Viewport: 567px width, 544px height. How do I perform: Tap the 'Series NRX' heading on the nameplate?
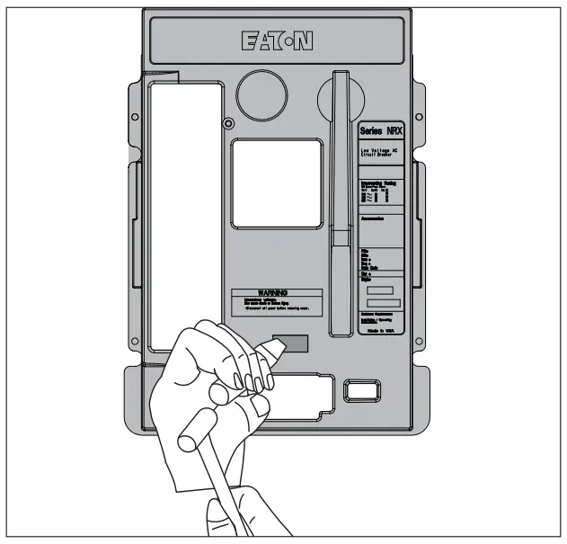[x=382, y=131]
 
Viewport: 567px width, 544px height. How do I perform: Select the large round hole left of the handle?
[x=260, y=93]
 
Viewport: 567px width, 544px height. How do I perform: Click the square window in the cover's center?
[x=276, y=183]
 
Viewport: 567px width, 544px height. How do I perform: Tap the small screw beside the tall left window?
[x=229, y=123]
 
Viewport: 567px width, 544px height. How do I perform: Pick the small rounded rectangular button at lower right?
[x=362, y=390]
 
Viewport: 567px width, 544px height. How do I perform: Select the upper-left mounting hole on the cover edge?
[x=133, y=118]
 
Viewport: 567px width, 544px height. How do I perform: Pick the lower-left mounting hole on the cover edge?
[x=133, y=340]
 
